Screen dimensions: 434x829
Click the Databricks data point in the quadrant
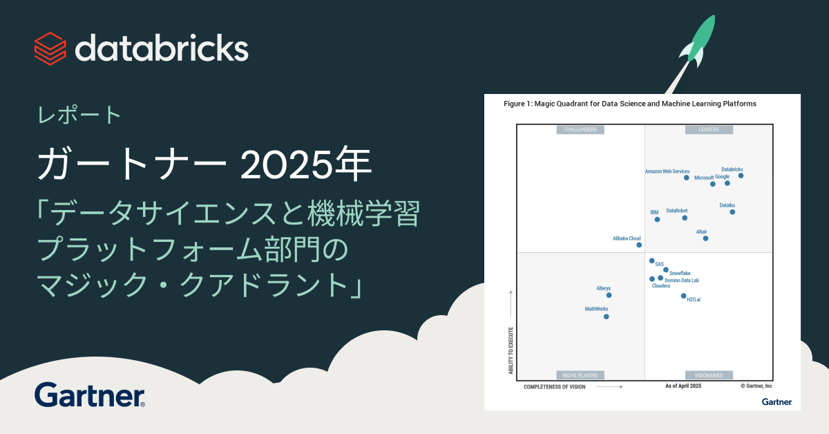(x=741, y=176)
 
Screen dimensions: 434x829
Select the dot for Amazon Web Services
(x=686, y=178)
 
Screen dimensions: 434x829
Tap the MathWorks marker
(x=606, y=317)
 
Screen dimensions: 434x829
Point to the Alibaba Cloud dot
(x=639, y=245)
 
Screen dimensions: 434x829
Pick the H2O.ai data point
(x=683, y=296)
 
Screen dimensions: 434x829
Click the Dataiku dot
(x=732, y=212)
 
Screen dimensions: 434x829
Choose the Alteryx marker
(x=609, y=295)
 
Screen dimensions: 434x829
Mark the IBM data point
(x=657, y=219)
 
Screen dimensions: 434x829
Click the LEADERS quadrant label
(x=709, y=129)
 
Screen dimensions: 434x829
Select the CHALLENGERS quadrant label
(x=581, y=129)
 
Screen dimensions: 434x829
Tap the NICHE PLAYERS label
(x=581, y=375)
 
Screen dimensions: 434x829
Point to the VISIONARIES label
(x=709, y=375)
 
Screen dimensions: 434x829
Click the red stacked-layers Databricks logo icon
(x=50, y=48)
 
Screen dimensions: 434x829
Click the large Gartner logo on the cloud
(x=90, y=395)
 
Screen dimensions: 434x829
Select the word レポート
(x=79, y=115)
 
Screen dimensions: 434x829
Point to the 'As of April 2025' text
(x=683, y=386)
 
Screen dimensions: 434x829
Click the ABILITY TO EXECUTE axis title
(x=511, y=351)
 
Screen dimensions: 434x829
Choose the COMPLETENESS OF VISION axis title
(x=554, y=387)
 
